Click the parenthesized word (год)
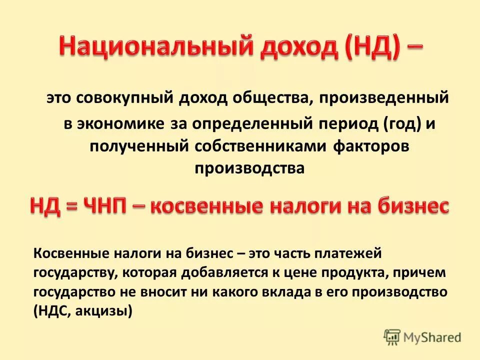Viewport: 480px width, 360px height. point(402,123)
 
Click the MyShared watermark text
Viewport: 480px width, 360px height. point(433,337)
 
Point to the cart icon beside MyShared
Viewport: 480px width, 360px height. point(392,337)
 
